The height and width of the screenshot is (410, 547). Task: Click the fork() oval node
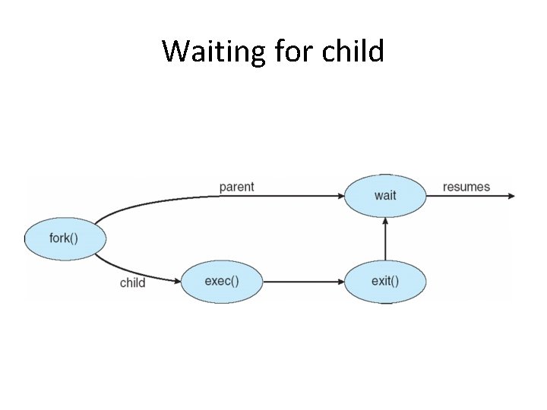(x=65, y=238)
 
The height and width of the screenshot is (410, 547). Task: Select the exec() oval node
(x=222, y=281)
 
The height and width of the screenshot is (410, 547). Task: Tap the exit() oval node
(x=385, y=281)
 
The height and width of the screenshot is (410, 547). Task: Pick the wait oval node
(x=385, y=195)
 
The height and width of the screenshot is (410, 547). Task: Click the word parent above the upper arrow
(x=236, y=187)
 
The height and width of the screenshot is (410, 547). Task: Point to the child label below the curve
(x=132, y=283)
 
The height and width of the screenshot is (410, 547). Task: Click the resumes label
(x=466, y=187)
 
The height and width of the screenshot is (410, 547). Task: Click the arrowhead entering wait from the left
(x=340, y=196)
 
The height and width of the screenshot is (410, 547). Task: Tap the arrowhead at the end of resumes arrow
(x=511, y=196)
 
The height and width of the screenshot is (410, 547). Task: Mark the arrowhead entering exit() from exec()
(x=340, y=282)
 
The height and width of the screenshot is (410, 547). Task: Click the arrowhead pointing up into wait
(x=385, y=221)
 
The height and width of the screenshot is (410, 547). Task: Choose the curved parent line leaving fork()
(x=152, y=203)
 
